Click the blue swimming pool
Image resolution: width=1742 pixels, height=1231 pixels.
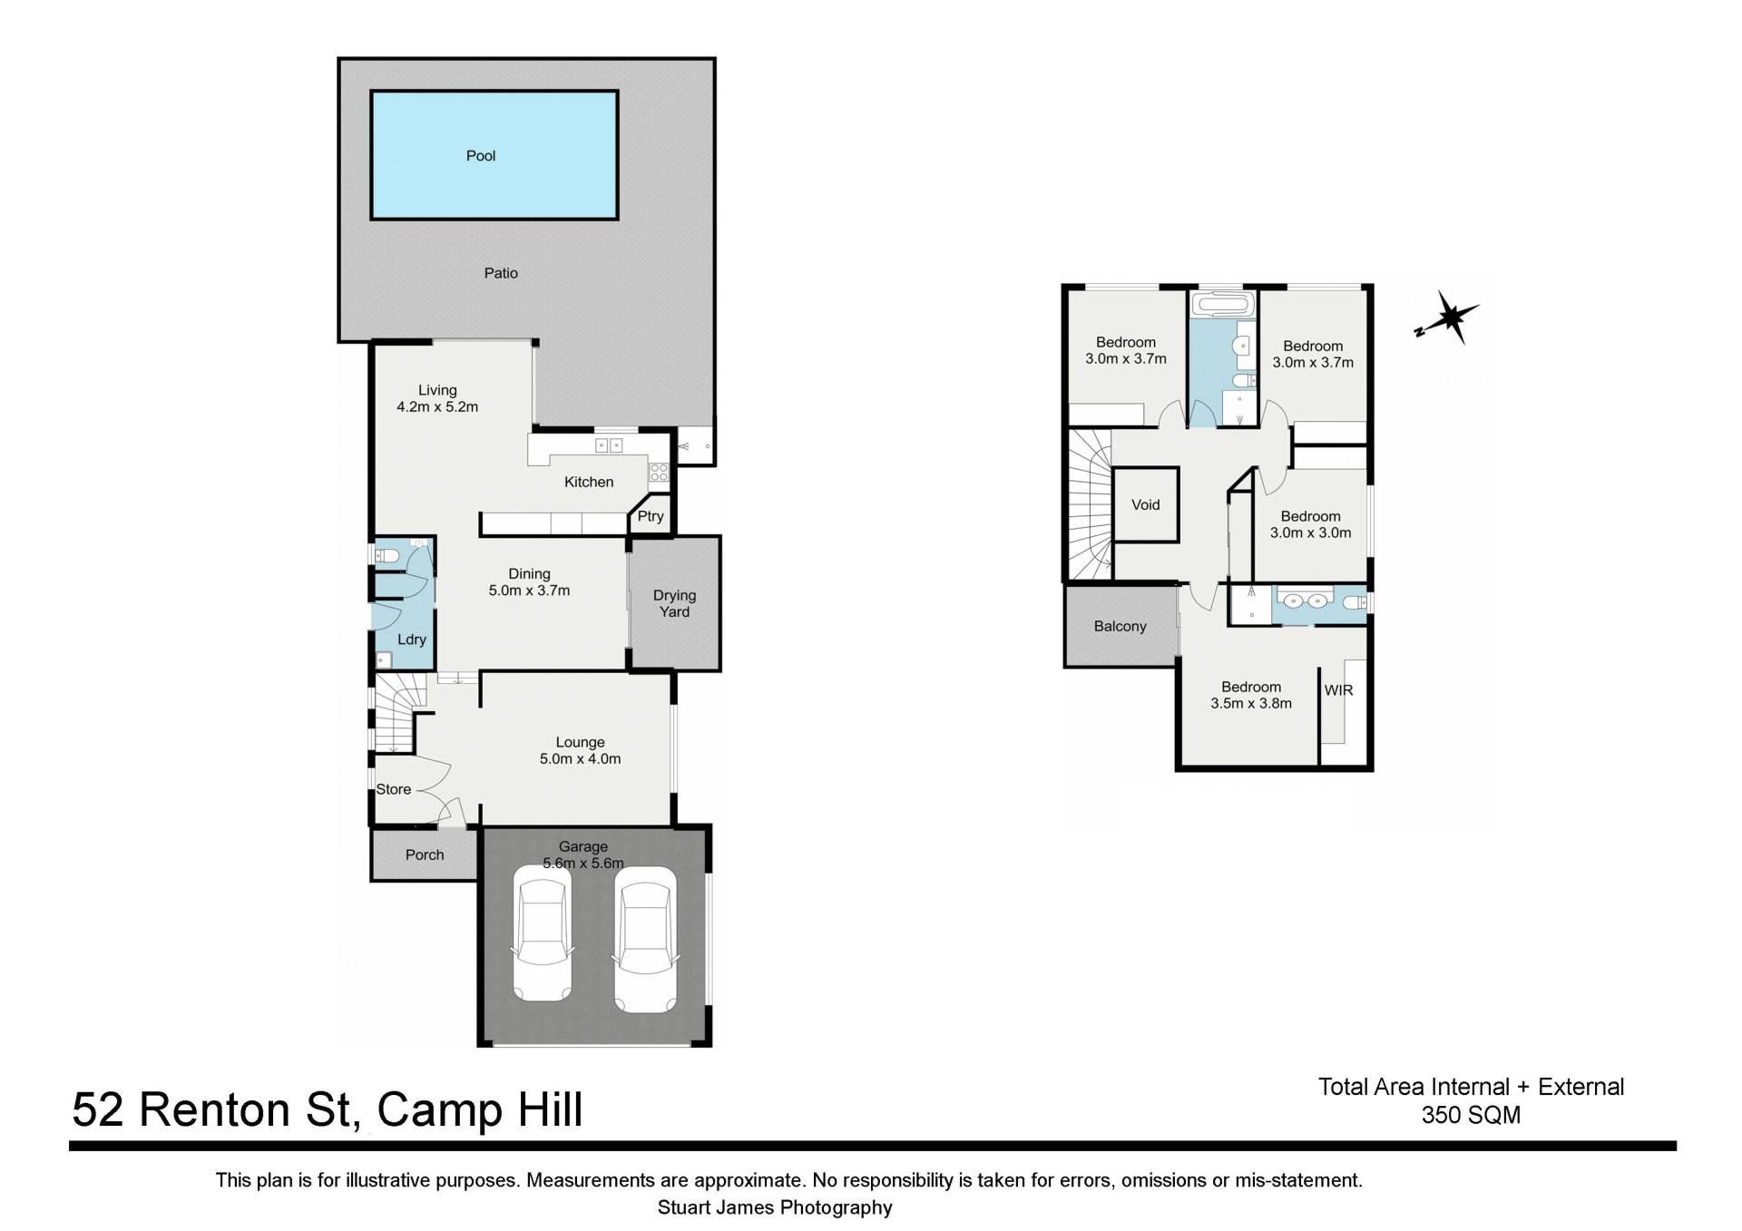(x=494, y=155)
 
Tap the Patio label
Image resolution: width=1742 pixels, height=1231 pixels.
(x=501, y=273)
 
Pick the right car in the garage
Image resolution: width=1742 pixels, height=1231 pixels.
(x=645, y=939)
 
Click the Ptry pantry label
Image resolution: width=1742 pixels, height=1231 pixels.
(x=651, y=516)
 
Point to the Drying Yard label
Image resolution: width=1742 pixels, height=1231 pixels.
(x=674, y=603)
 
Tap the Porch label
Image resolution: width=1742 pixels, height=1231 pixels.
(x=425, y=855)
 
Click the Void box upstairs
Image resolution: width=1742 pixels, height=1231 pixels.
(x=1145, y=504)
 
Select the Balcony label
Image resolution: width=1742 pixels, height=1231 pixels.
(x=1120, y=626)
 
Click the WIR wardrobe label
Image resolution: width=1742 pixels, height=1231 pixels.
(x=1338, y=690)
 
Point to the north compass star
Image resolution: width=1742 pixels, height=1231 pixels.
(x=1449, y=318)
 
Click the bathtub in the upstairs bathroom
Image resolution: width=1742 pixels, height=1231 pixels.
(x=1223, y=304)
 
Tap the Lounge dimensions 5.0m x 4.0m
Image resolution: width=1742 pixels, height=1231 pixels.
(x=580, y=759)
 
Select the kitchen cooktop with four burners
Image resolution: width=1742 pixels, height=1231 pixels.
(x=659, y=472)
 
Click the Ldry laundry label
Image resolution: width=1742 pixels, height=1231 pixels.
(x=411, y=640)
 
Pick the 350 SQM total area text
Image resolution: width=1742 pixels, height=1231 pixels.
(x=1471, y=1115)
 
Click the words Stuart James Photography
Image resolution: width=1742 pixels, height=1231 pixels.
(x=775, y=1207)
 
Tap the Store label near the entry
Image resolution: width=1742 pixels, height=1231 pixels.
(x=394, y=789)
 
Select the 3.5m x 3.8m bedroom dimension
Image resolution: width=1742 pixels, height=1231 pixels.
(x=1251, y=703)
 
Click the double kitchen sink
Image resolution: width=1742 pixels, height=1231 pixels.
(x=608, y=445)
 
